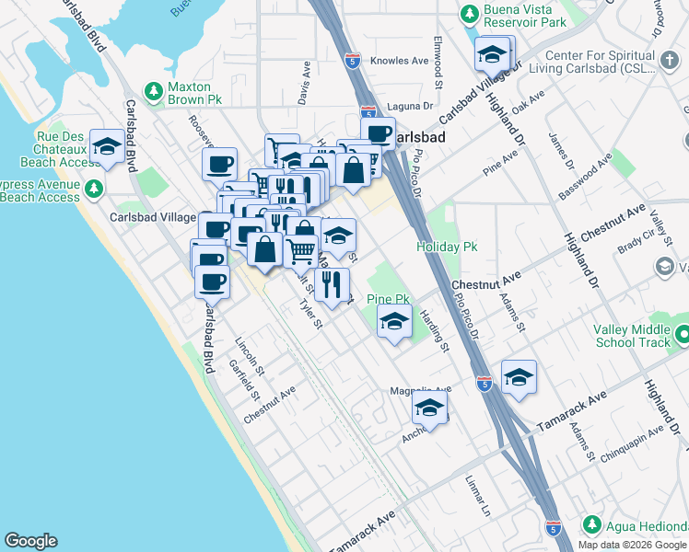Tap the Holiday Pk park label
pyautogui.click(x=447, y=247)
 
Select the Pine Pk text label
pyautogui.click(x=388, y=299)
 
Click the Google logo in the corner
pyautogui.click(x=30, y=541)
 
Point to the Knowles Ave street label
pyautogui.click(x=400, y=61)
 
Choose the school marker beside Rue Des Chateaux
pyautogui.click(x=107, y=147)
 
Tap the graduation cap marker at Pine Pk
pyautogui.click(x=394, y=321)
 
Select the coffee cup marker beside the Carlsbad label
pyautogui.click(x=378, y=132)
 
